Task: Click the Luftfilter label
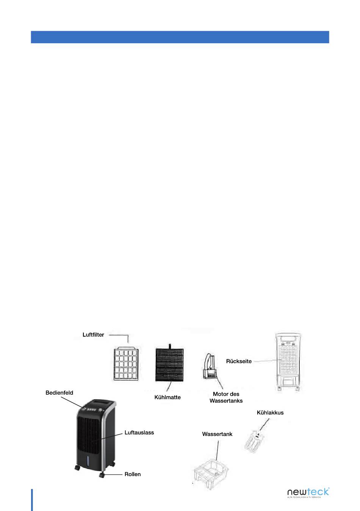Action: (x=93, y=335)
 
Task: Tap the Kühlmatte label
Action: (x=167, y=397)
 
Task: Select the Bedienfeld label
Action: (x=59, y=393)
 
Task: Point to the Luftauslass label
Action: (x=139, y=433)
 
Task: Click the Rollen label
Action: (x=133, y=474)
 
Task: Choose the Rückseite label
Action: (x=239, y=361)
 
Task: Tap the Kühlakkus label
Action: (x=270, y=413)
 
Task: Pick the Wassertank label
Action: (x=217, y=434)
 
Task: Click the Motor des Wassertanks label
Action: (x=226, y=397)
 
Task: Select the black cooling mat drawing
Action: (x=170, y=364)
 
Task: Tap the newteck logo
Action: (x=308, y=492)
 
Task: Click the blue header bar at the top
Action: (x=180, y=37)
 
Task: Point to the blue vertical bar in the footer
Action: (x=32, y=500)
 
